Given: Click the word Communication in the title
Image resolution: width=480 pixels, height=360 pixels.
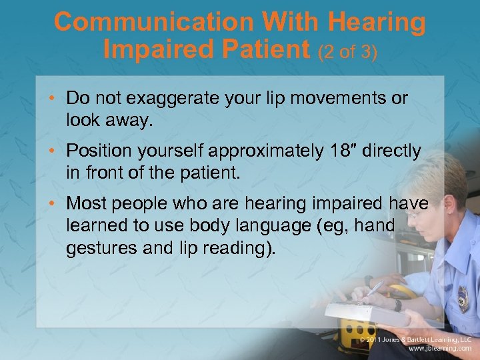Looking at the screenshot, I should (155, 22).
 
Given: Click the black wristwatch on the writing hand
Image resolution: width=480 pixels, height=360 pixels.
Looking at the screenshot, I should (397, 305).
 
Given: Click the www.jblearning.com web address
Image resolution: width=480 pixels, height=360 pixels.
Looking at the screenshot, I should (439, 349).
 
